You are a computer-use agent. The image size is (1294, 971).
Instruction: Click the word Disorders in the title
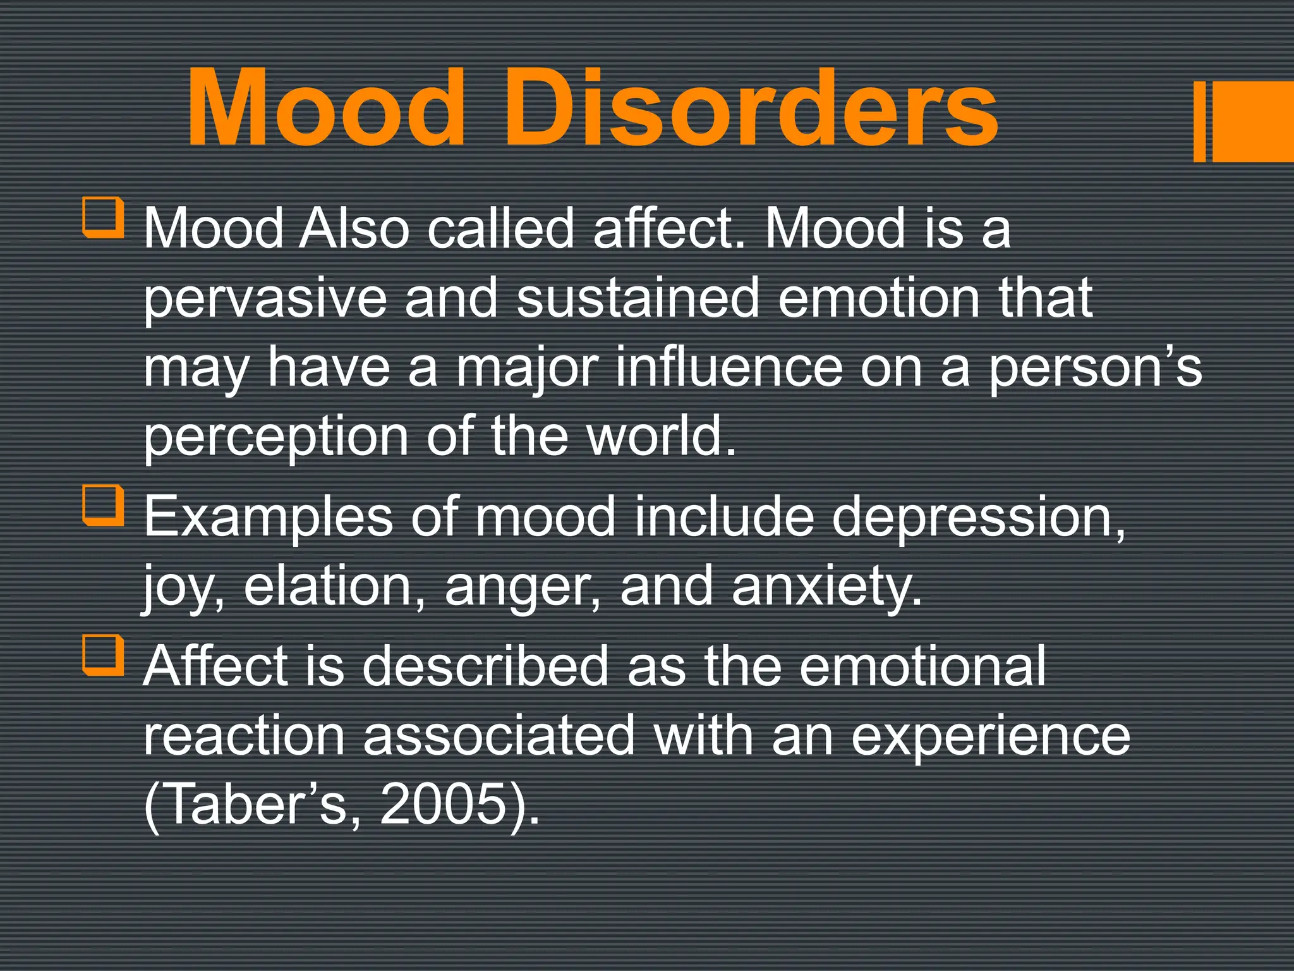click(x=751, y=107)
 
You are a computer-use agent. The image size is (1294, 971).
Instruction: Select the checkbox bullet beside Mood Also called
click(x=103, y=217)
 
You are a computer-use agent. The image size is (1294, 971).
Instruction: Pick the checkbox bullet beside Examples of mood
click(x=103, y=506)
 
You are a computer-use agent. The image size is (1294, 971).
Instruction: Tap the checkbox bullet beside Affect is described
click(x=103, y=656)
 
